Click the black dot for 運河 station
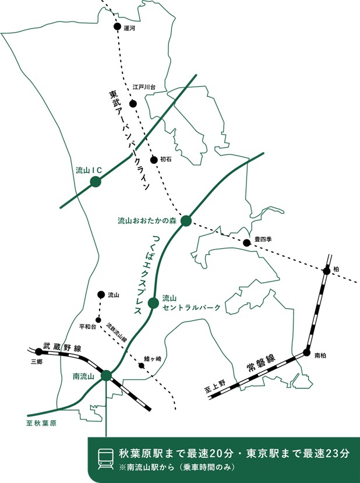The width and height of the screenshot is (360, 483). (x=117, y=26)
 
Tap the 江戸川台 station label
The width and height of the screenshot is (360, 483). (x=144, y=87)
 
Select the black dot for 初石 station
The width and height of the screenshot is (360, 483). (x=154, y=160)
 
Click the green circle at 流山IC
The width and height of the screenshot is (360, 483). (x=96, y=182)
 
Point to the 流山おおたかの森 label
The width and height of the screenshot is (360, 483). (x=147, y=221)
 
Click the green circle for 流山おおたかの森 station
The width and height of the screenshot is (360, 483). (x=186, y=221)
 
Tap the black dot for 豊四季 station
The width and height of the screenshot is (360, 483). (x=246, y=243)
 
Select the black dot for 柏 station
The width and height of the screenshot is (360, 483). (x=326, y=271)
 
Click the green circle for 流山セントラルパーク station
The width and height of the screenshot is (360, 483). (x=153, y=303)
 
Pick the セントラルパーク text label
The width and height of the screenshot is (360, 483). (x=192, y=308)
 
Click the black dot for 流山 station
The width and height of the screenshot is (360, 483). (x=101, y=295)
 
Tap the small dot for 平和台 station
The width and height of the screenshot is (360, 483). (x=98, y=320)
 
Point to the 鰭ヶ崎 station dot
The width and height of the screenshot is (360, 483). (x=142, y=366)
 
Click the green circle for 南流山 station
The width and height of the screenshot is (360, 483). (x=106, y=375)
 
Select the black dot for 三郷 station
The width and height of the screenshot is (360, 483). (x=39, y=351)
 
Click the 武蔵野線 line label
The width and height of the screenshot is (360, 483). (x=62, y=347)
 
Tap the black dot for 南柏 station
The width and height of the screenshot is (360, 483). (x=306, y=352)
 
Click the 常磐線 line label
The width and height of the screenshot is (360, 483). (x=261, y=363)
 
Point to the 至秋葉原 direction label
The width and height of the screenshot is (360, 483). (x=41, y=423)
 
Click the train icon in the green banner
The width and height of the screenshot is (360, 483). (x=105, y=459)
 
